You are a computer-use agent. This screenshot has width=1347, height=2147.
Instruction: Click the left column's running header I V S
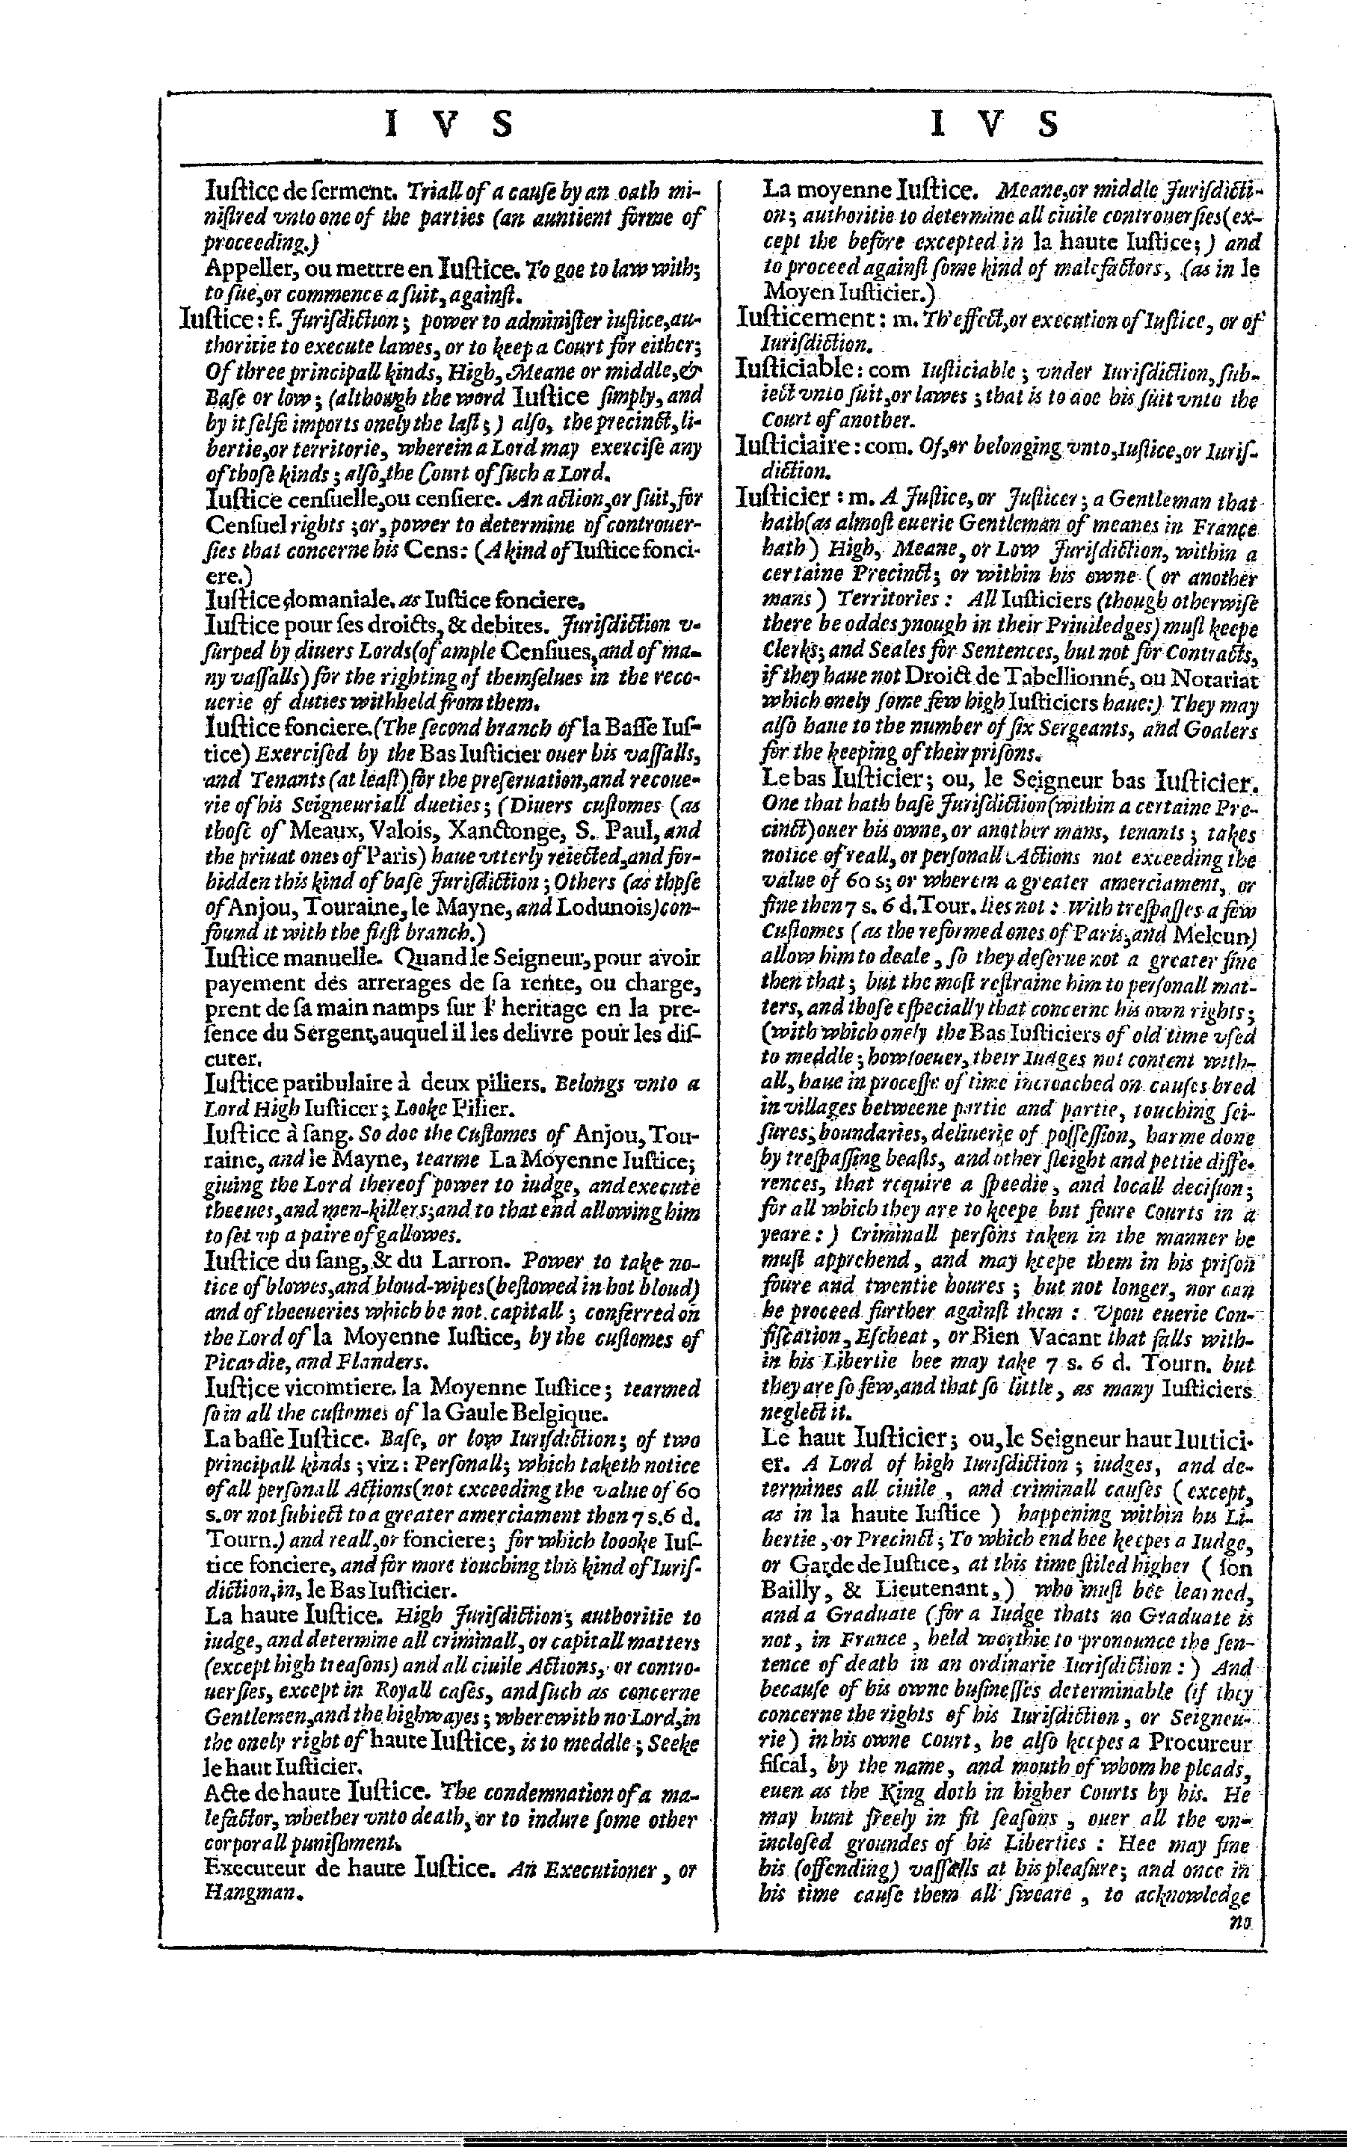(x=449, y=124)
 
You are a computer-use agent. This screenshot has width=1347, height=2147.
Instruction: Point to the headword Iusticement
(x=807, y=318)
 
